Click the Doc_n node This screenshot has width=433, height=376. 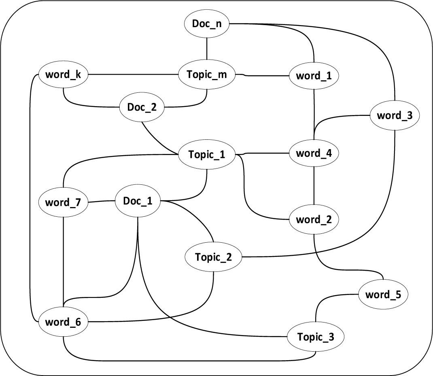(x=207, y=24)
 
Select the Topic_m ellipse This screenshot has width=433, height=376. (x=207, y=75)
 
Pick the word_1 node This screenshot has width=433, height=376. (x=314, y=76)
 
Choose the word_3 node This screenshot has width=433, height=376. (x=395, y=115)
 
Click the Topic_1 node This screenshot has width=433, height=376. (x=207, y=154)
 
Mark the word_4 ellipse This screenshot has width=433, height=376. (x=314, y=154)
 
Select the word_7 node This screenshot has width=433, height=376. (x=63, y=202)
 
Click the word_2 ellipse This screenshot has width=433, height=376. (x=314, y=220)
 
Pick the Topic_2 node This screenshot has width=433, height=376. (x=213, y=257)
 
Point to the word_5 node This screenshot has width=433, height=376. (x=382, y=294)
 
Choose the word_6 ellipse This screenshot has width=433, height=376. (x=63, y=323)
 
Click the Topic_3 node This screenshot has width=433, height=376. (x=316, y=337)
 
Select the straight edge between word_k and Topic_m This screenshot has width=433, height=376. (x=134, y=75)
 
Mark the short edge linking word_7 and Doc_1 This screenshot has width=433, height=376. (x=101, y=201)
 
